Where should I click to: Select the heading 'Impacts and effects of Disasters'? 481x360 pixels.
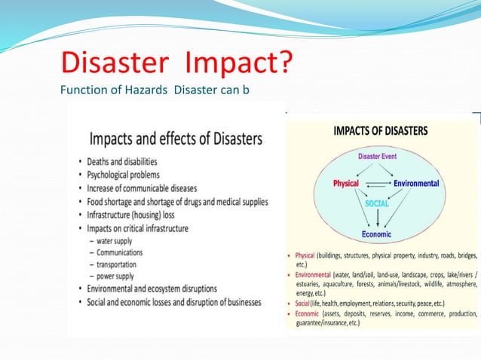point(176,139)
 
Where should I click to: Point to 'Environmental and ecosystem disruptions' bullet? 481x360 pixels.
point(162,288)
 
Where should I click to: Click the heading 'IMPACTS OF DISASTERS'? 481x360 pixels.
point(381,130)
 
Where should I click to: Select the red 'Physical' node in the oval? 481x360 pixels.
point(345,184)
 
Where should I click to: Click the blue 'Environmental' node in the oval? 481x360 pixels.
point(416,184)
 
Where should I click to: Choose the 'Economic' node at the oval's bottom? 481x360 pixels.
point(376,234)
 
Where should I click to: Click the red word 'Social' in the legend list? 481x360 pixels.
point(303,302)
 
